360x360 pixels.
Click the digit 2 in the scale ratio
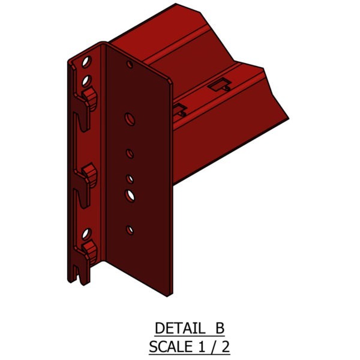(x=225, y=346)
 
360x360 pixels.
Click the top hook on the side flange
(x=89, y=95)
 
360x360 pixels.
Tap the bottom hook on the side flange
(x=89, y=250)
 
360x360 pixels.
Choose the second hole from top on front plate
(x=128, y=118)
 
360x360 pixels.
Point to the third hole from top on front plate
(x=129, y=154)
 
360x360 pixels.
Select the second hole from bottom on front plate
(x=129, y=194)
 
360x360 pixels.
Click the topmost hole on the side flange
(x=88, y=62)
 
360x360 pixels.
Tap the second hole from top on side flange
(x=86, y=79)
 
